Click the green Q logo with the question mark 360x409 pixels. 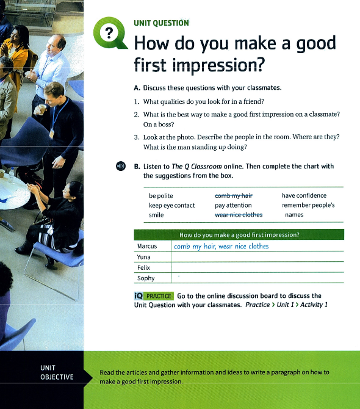[110, 33]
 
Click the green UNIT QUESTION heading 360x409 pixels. [161, 23]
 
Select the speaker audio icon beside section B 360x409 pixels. [121, 166]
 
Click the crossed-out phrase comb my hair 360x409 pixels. [234, 195]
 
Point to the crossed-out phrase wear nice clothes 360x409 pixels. [239, 215]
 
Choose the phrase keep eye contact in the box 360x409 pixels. [172, 206]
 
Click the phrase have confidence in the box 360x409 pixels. [304, 195]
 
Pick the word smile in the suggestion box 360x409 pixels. [156, 215]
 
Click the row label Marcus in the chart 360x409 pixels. [147, 246]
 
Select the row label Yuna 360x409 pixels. [143, 257]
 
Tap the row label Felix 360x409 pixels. [143, 267]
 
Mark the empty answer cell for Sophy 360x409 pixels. [257, 278]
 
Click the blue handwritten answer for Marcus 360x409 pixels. [221, 246]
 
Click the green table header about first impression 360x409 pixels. [239, 234]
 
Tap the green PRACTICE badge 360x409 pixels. [159, 296]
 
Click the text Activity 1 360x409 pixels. [314, 305]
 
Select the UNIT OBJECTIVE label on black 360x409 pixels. [57, 372]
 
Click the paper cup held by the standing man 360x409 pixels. [41, 109]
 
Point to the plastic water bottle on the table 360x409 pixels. [11, 175]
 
